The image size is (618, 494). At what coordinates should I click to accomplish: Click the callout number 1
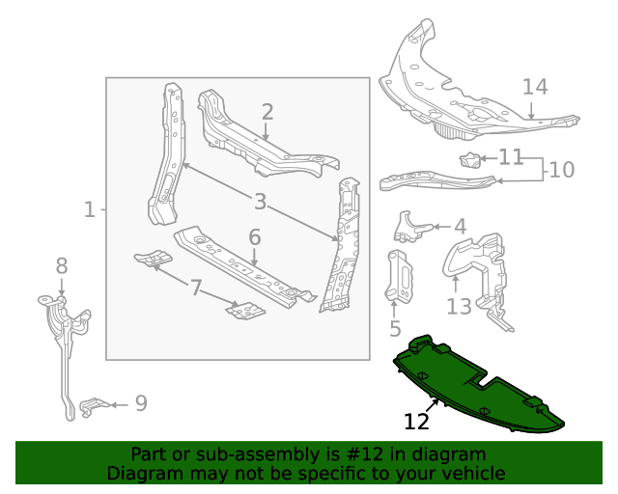(x=90, y=209)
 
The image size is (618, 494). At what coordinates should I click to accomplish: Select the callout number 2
(x=267, y=112)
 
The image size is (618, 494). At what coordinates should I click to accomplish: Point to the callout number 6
(x=255, y=237)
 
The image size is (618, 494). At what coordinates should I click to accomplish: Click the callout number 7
(x=196, y=288)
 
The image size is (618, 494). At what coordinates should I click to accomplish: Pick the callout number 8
(x=62, y=265)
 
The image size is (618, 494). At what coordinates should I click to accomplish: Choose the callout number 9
(x=141, y=403)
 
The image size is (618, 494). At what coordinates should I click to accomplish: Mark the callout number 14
(x=535, y=87)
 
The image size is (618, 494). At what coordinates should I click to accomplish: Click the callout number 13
(x=459, y=306)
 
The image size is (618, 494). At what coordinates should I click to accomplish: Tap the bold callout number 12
(x=416, y=422)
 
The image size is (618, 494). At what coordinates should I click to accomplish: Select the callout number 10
(x=561, y=170)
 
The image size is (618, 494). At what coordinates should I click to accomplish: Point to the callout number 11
(x=511, y=156)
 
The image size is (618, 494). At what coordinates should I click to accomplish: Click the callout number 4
(x=460, y=227)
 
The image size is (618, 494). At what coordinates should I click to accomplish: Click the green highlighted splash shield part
(x=473, y=386)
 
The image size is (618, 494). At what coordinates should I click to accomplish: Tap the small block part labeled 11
(x=469, y=160)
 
